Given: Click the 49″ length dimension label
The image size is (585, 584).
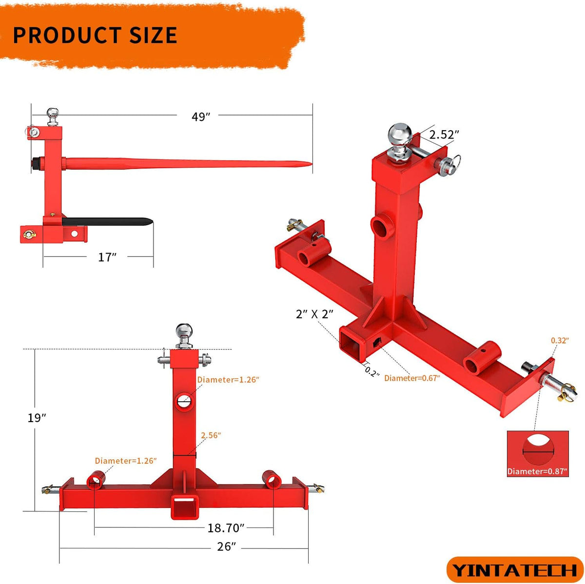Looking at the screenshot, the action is coord(201,117).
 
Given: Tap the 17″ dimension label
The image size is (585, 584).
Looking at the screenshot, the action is coord(107,257).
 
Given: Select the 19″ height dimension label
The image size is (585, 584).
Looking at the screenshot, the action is coord(37,418).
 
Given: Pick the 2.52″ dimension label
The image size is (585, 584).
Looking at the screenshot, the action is coord(444,134).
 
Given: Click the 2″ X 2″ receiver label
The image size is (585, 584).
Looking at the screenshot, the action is coord(315,314).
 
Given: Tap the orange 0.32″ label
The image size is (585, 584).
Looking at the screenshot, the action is coord(560,340).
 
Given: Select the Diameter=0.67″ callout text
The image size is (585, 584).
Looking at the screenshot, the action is coord(412,378).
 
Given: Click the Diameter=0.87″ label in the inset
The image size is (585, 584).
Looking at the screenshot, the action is coord(537,471).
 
